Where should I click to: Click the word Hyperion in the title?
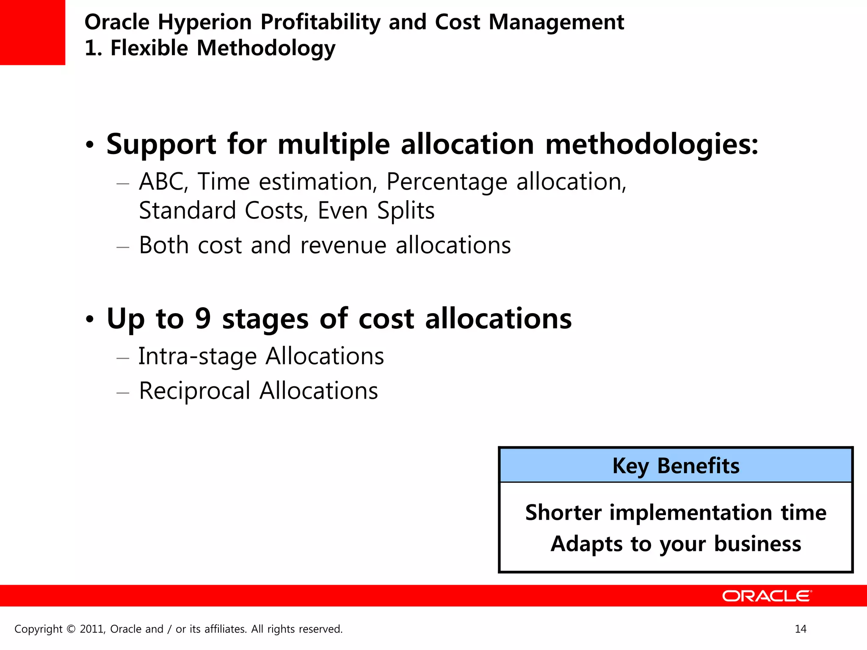[204, 22]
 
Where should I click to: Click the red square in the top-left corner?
[32, 32]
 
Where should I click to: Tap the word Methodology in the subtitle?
[266, 48]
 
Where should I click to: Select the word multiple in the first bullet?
[334, 145]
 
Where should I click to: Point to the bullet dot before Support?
[89, 145]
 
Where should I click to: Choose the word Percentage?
[447, 182]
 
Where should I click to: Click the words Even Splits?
[376, 211]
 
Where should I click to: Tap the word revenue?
[343, 245]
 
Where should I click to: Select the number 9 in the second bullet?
[203, 318]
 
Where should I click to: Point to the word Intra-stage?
[197, 356]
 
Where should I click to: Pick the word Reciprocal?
[195, 391]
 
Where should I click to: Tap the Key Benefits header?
[676, 466]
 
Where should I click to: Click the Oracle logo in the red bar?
[766, 596]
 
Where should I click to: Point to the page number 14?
[801, 629]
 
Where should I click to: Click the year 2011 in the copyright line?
[92, 629]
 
